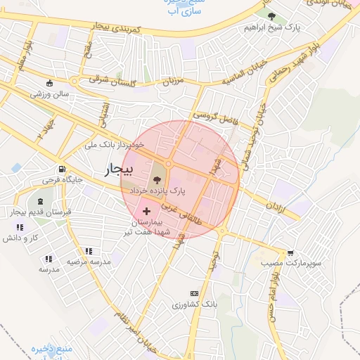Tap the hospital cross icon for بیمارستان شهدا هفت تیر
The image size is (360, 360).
(147, 211)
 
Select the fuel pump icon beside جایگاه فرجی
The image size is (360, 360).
(62, 169)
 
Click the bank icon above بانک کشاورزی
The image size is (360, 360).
(194, 293)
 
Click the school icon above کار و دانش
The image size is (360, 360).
(20, 227)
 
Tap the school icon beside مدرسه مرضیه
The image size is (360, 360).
(88, 251)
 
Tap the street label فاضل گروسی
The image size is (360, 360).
(217, 118)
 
